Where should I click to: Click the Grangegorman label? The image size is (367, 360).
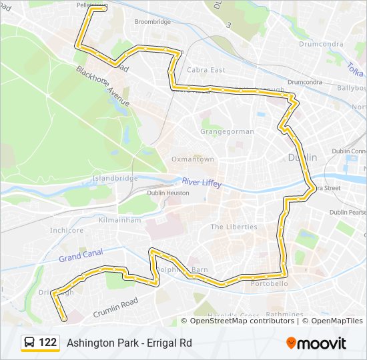(228, 131)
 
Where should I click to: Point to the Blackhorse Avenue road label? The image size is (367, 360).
(102, 86)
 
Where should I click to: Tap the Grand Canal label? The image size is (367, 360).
(80, 255)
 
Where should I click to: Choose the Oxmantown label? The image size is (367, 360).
(193, 159)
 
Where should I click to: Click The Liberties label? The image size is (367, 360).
(234, 227)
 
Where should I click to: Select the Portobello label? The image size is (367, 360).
(269, 283)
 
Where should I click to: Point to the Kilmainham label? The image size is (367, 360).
(119, 219)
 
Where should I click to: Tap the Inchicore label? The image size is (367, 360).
(67, 230)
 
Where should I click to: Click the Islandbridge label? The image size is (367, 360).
(115, 178)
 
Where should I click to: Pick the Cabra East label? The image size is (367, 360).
(206, 70)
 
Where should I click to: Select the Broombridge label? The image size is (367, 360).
(152, 21)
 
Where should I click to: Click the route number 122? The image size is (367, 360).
(47, 343)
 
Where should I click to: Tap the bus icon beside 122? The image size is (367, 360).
(30, 343)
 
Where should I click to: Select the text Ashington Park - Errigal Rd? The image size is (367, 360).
(129, 343)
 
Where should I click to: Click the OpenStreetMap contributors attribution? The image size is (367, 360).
(242, 321)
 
